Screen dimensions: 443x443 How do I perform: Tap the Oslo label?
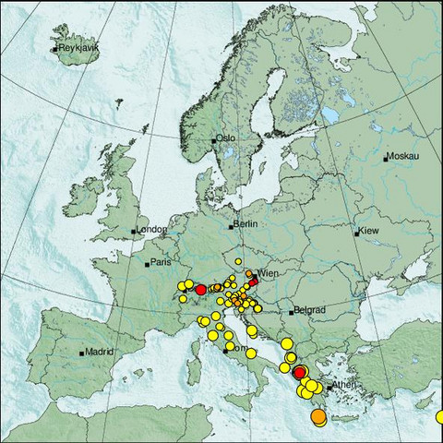227,138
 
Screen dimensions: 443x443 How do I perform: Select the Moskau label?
403,158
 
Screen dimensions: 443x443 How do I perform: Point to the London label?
151,230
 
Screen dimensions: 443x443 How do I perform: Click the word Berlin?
245,224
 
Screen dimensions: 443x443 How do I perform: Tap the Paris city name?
162,263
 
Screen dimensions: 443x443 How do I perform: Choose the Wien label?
269,274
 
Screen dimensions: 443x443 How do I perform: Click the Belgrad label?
308,311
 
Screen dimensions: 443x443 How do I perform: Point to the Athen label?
344,384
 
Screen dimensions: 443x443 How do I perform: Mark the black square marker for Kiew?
356,233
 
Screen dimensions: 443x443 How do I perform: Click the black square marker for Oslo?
214,140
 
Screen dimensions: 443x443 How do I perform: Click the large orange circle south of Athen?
318,418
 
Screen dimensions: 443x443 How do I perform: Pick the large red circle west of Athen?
299,371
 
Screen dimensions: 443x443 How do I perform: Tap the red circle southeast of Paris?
200,290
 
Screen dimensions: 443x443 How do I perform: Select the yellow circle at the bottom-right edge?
439,416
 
